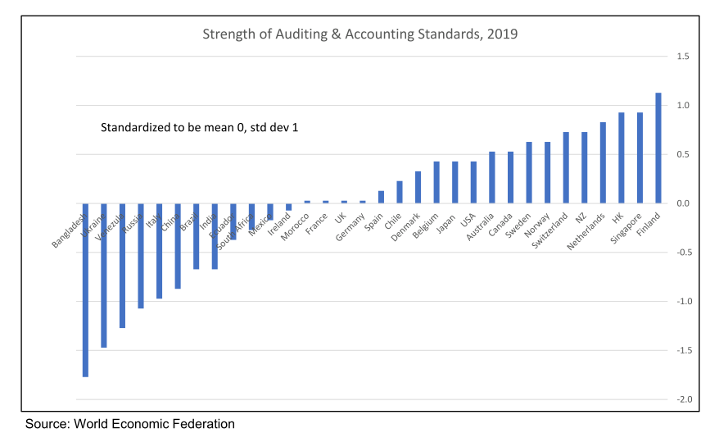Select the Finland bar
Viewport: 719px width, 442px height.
(x=658, y=148)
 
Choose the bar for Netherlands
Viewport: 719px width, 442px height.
(x=603, y=162)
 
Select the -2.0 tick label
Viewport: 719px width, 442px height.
(x=682, y=399)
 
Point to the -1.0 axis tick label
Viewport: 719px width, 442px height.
(x=682, y=302)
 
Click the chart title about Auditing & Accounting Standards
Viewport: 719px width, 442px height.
(x=360, y=34)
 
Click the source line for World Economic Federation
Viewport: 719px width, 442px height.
(x=129, y=424)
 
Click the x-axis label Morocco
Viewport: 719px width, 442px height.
(x=295, y=226)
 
